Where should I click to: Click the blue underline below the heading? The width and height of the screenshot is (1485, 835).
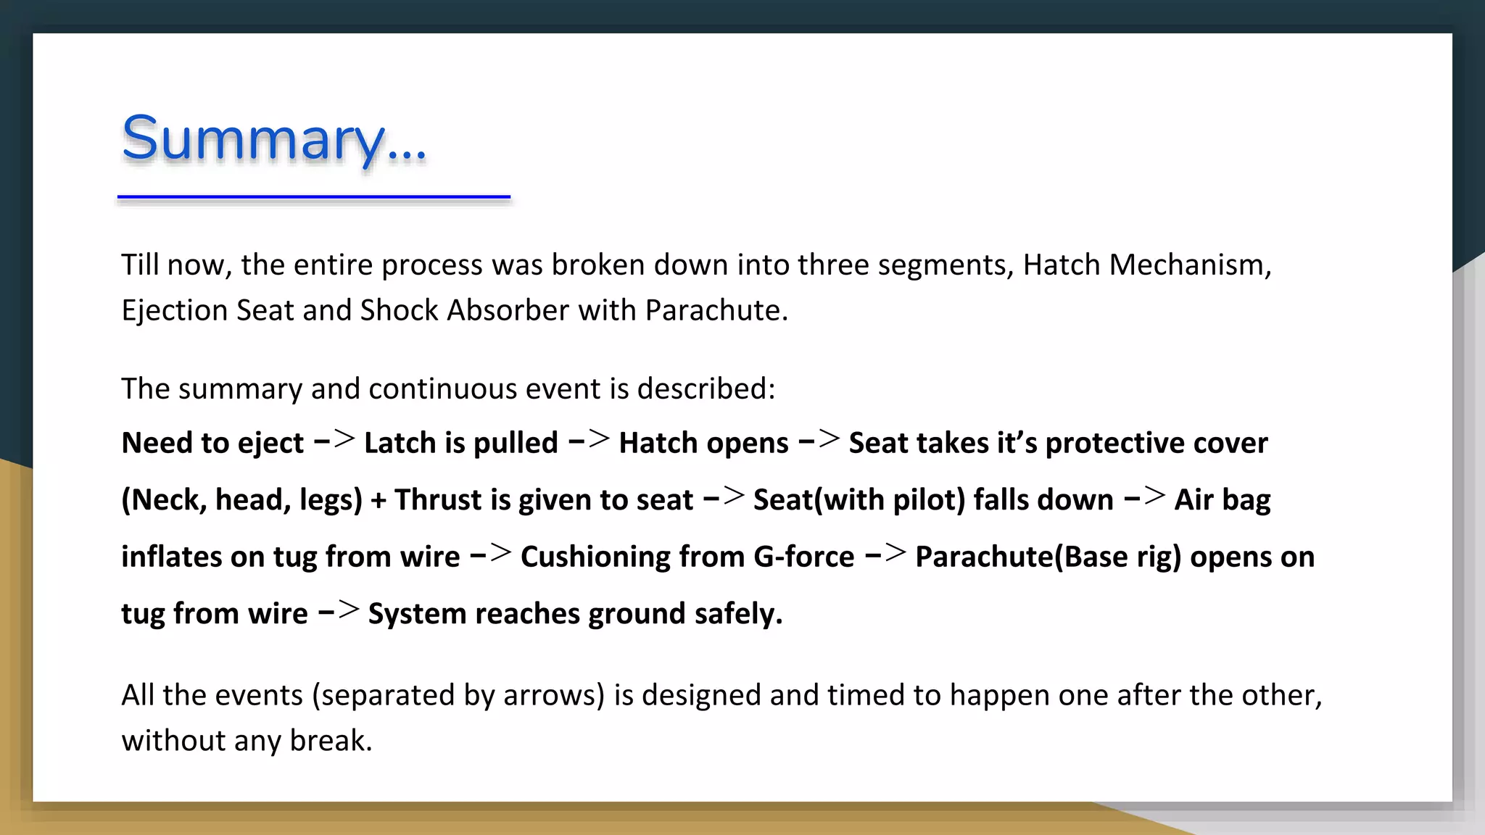314,196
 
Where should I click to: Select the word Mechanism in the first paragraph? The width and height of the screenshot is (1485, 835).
1189,265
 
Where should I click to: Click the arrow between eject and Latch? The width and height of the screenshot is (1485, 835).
334,440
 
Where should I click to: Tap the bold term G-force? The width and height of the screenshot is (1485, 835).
804,557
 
